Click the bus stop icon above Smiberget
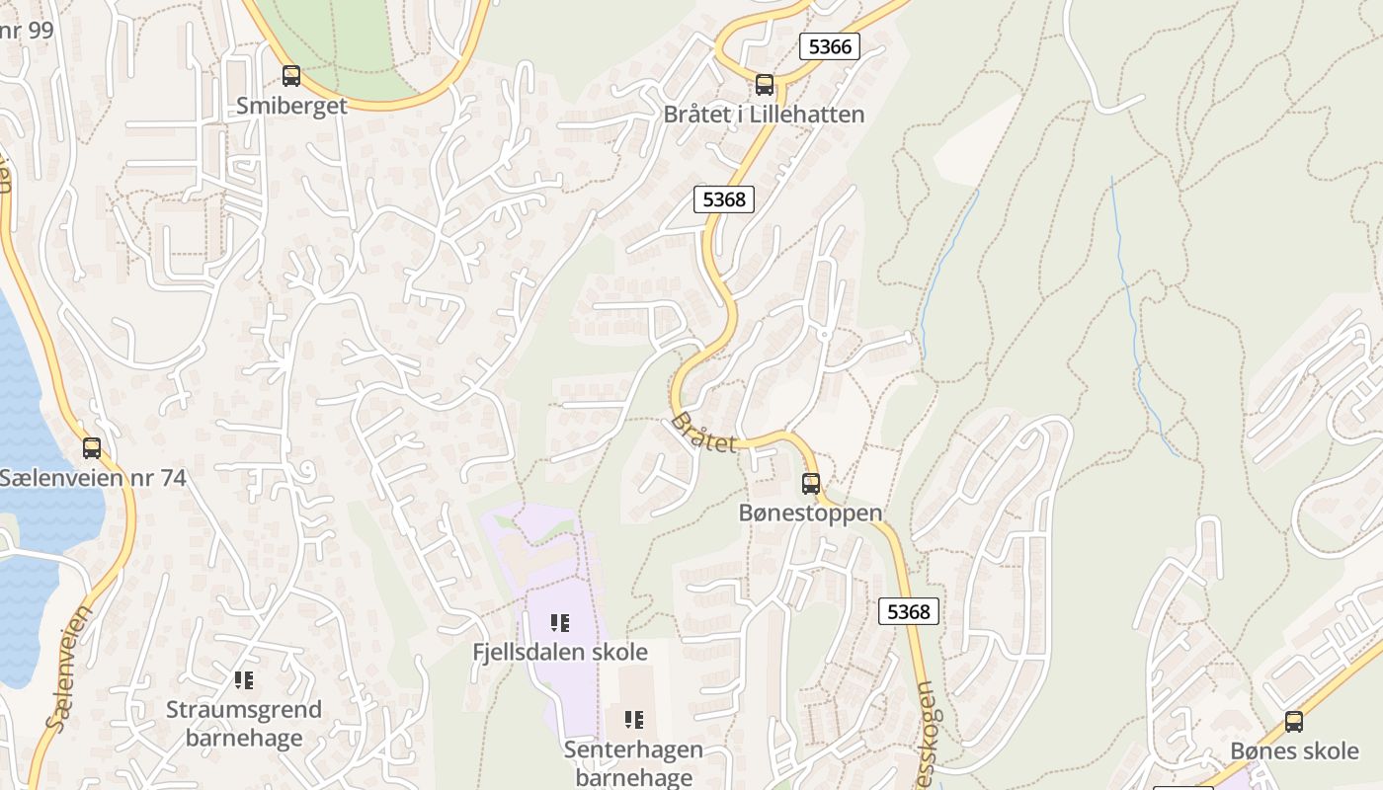(x=290, y=75)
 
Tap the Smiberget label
(x=291, y=106)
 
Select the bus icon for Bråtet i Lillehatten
(x=764, y=84)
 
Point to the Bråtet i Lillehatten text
(x=764, y=114)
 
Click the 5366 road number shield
(x=829, y=46)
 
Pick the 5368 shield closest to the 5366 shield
(x=723, y=199)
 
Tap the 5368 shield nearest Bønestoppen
(x=908, y=611)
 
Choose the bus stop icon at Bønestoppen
(x=810, y=483)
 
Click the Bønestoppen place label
(x=810, y=513)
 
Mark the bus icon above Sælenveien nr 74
(x=92, y=447)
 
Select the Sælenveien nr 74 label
(x=93, y=478)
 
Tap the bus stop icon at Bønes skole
(x=1293, y=721)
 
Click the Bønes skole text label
(x=1293, y=750)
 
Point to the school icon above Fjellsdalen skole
(x=560, y=622)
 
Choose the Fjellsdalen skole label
(x=560, y=652)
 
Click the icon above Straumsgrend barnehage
(x=244, y=679)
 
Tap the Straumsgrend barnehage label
(x=244, y=723)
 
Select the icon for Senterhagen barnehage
(x=633, y=719)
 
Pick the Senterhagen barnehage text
(x=633, y=762)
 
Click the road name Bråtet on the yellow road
(x=703, y=434)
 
